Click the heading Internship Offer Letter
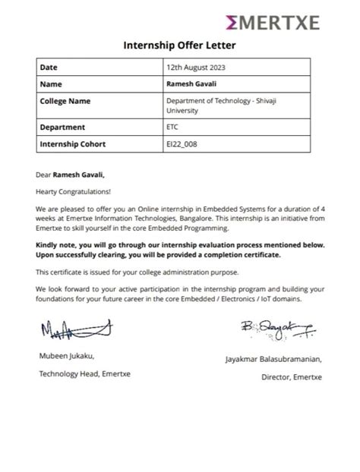[180, 46]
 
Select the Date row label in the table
[49, 68]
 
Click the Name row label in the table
[51, 83]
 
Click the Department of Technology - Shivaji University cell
[220, 105]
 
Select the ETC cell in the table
[173, 127]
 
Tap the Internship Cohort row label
[73, 143]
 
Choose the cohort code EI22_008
[181, 143]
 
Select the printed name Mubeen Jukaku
[67, 356]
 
